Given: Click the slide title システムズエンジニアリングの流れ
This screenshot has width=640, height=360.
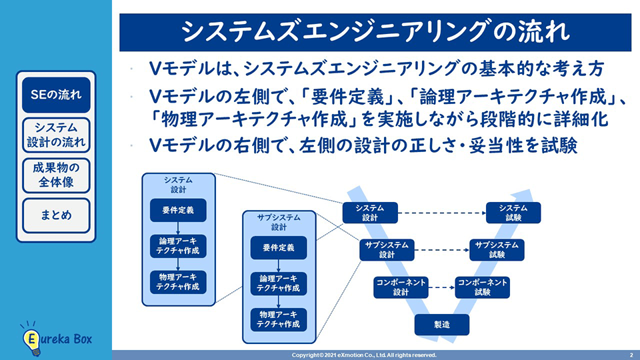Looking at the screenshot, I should click(x=376, y=31).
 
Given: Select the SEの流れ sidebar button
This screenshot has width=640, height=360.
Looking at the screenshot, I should click(x=56, y=95).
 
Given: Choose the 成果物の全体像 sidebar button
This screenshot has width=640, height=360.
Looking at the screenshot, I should click(x=56, y=175).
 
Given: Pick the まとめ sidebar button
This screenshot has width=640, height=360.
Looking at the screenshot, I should click(x=56, y=215).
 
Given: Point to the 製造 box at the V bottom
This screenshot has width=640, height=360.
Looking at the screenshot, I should click(x=442, y=324).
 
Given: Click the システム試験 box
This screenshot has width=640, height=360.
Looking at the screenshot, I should click(x=513, y=213).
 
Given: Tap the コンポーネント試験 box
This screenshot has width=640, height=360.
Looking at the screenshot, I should click(x=483, y=287).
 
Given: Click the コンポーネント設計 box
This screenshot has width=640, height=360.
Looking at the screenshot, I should click(x=401, y=287).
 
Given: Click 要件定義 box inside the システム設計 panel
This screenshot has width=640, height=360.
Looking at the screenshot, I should click(x=178, y=210).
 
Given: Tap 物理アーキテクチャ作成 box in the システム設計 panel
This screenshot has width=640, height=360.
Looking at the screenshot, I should click(x=178, y=281).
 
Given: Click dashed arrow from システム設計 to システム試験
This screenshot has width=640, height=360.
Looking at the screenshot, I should click(x=441, y=213).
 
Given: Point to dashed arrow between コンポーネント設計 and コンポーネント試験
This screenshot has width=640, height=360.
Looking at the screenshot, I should click(x=441, y=287).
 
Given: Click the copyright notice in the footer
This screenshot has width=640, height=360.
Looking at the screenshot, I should click(x=364, y=355).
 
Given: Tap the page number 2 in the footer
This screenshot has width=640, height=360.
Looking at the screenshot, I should click(x=631, y=355).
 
